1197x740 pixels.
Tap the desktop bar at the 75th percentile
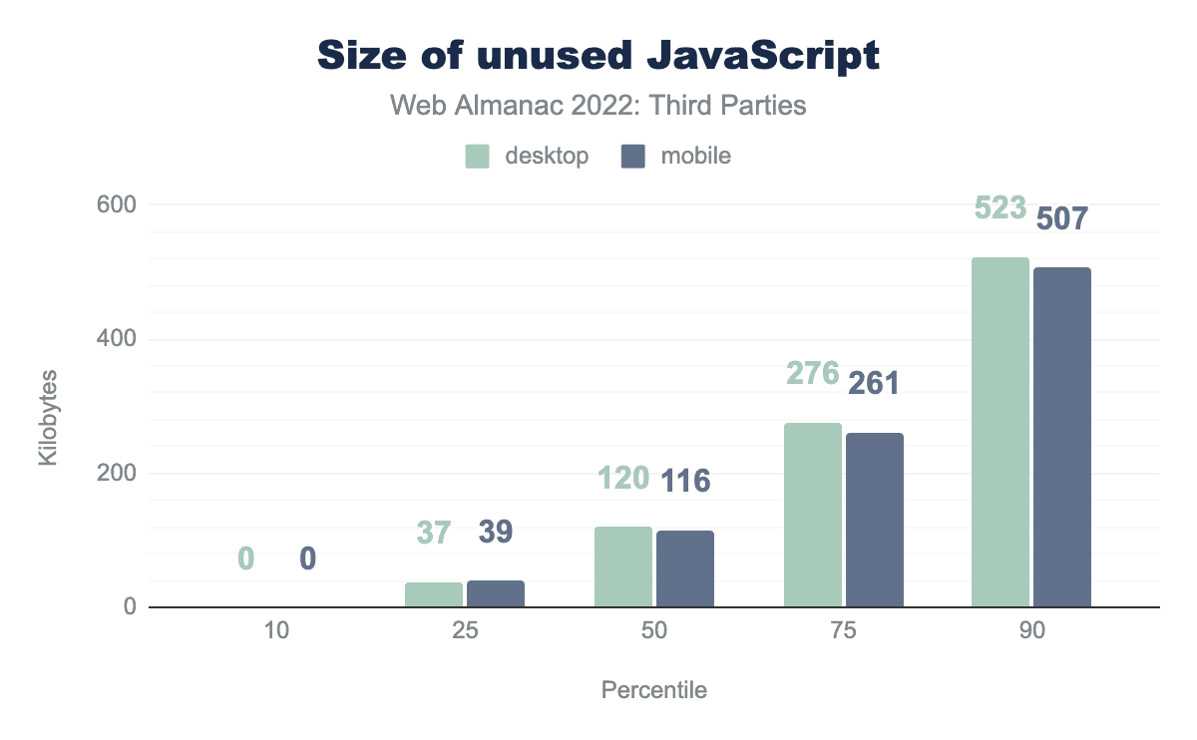click(813, 515)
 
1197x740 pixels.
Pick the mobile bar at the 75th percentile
click(875, 520)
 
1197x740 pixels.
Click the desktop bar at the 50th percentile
click(623, 566)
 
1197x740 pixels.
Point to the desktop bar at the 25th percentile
click(434, 594)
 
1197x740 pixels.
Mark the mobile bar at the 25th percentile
click(496, 593)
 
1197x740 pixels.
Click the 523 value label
click(1000, 207)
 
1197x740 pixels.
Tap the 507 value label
click(1062, 217)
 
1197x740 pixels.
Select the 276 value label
click(813, 373)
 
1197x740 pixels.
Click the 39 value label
click(496, 532)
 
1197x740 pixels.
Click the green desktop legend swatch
click(477, 156)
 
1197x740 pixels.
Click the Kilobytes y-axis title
click(48, 418)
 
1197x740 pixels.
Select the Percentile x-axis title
click(653, 690)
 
